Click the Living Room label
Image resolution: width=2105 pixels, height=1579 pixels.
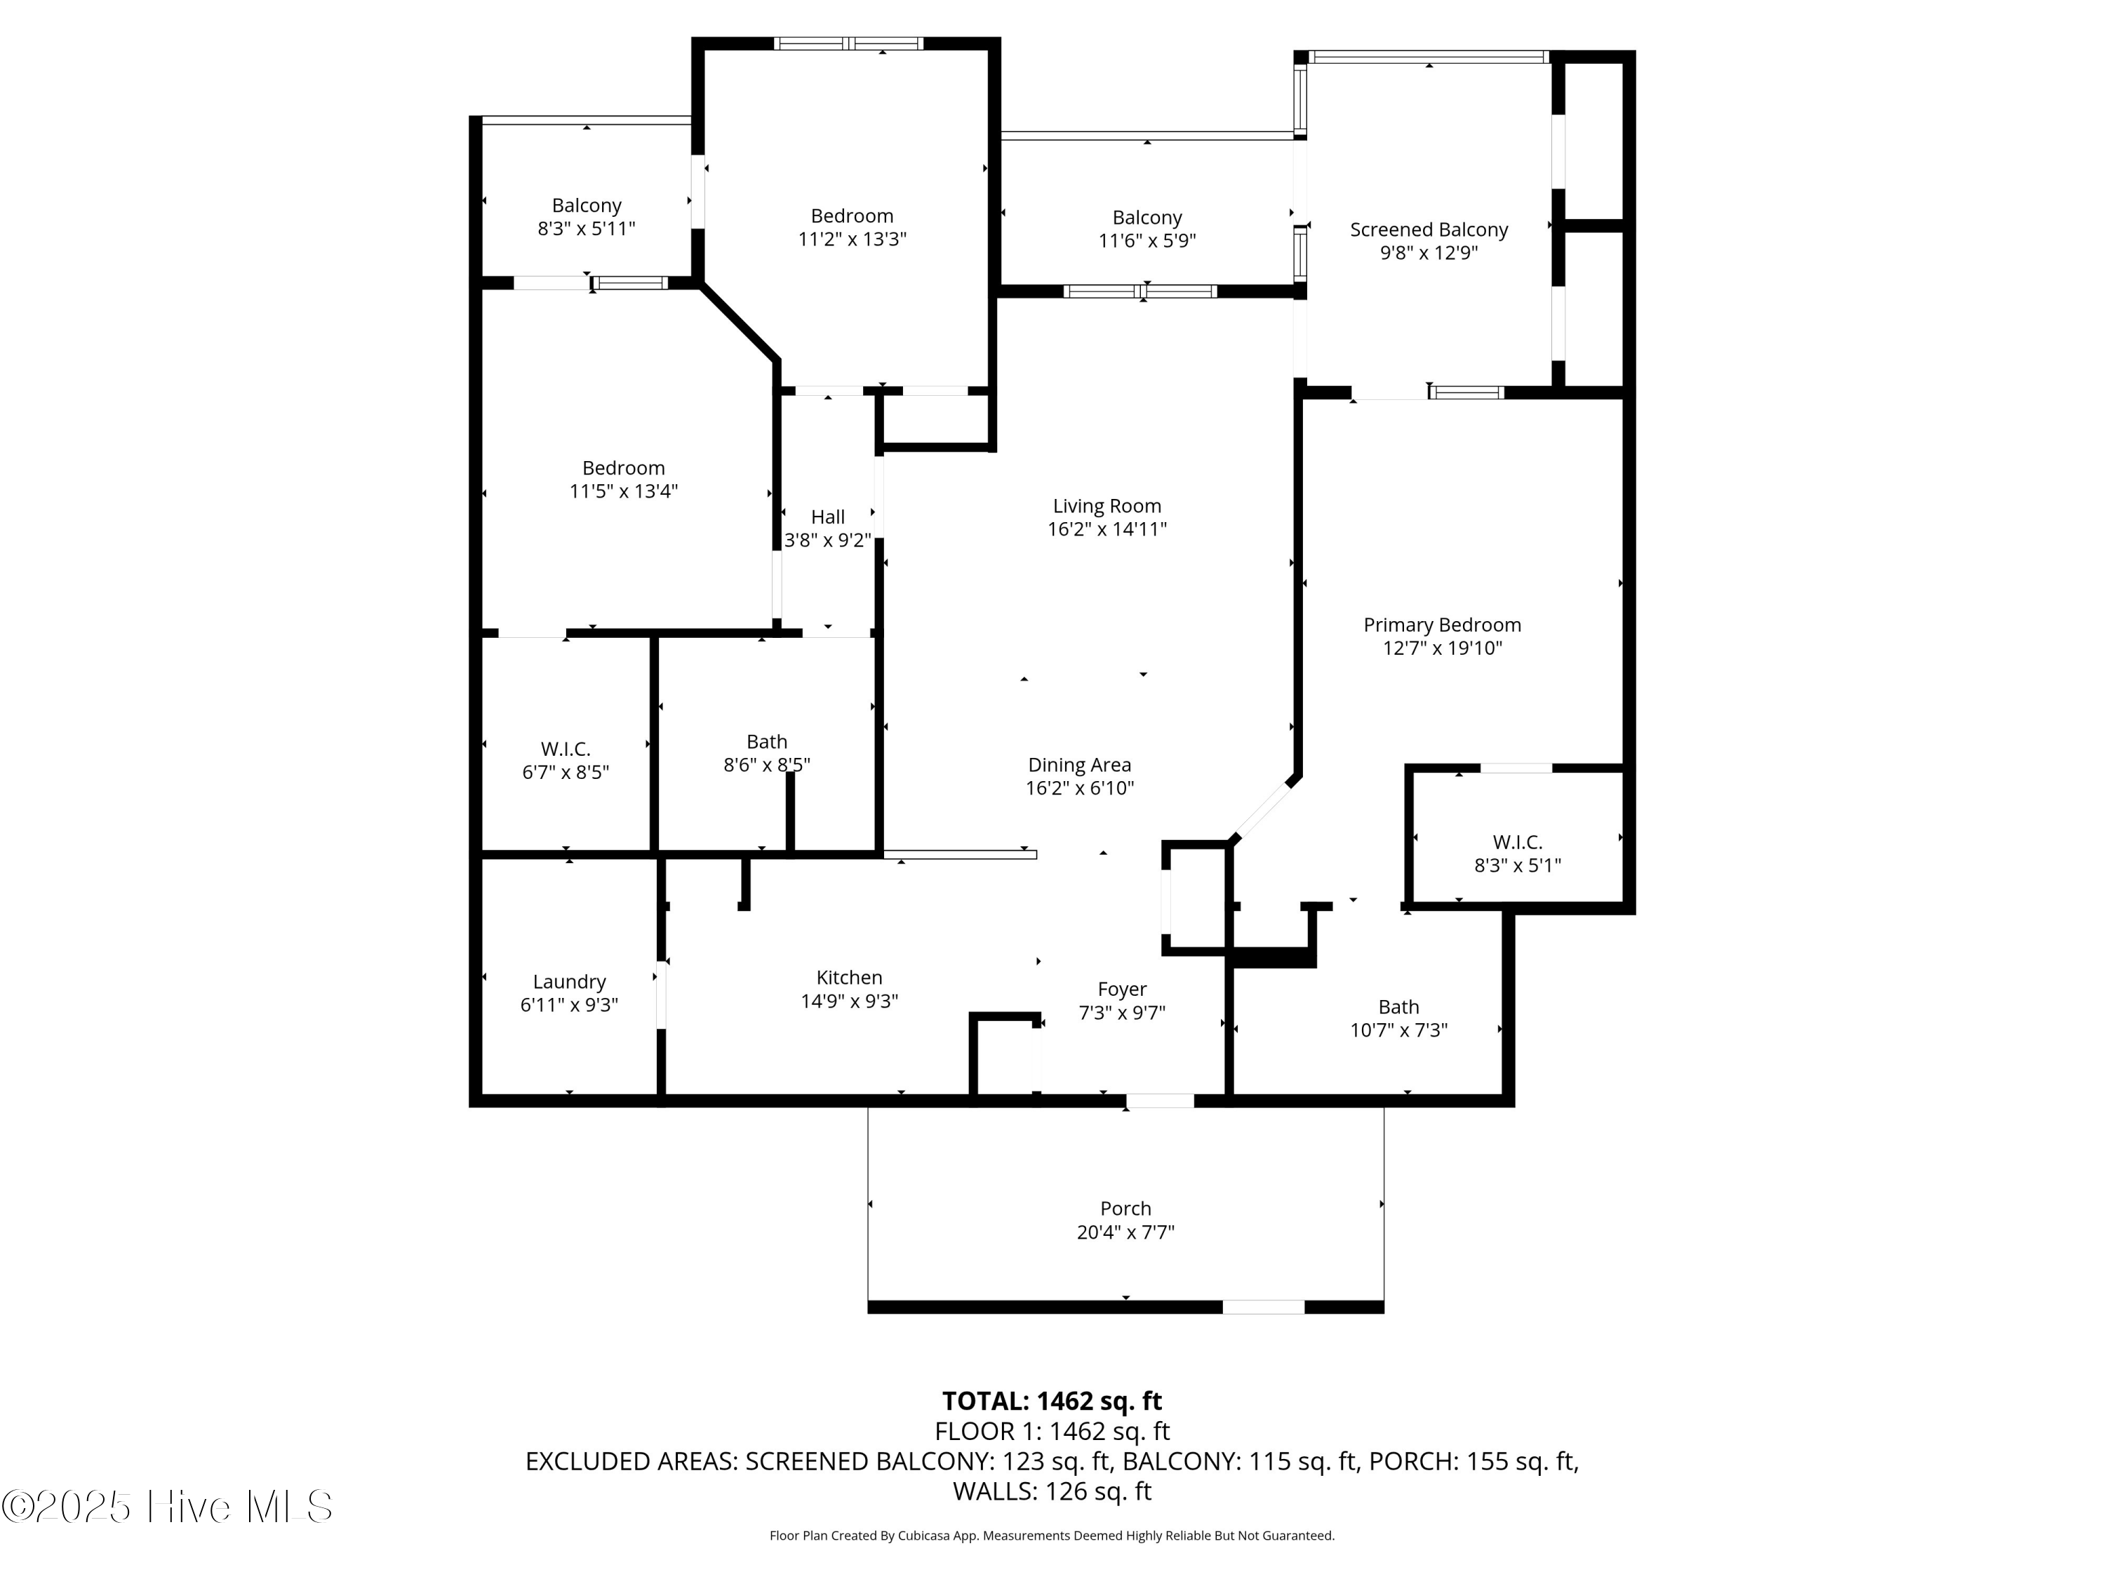click(x=1107, y=507)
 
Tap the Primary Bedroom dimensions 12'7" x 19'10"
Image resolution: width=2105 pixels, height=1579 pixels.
click(x=1442, y=648)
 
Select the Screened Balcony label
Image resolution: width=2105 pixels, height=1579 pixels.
click(x=1429, y=229)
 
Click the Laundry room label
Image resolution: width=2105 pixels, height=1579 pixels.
click(x=569, y=981)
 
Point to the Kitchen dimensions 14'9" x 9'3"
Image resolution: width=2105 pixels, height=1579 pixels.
click(x=849, y=1001)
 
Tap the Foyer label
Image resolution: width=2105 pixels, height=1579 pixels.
click(x=1122, y=989)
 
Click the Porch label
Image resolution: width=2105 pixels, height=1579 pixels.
click(x=1125, y=1208)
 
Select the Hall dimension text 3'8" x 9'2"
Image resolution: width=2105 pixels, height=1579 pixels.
click(x=827, y=540)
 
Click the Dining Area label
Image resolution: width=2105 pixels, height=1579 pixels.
click(x=1079, y=764)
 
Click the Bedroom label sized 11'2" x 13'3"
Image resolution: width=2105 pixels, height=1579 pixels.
click(x=852, y=216)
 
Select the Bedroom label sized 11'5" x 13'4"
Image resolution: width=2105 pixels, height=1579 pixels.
click(x=623, y=468)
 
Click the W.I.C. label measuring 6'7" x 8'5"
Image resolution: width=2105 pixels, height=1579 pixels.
click(x=566, y=749)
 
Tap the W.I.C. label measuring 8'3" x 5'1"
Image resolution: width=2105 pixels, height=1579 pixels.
click(x=1517, y=842)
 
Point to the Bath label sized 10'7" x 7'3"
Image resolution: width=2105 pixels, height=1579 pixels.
click(x=1398, y=1007)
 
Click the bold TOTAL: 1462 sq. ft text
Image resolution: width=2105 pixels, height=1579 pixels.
click(x=1052, y=1401)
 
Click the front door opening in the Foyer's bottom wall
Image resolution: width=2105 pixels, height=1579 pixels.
click(x=1159, y=1101)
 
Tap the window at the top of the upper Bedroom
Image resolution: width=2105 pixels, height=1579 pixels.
click(x=848, y=44)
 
